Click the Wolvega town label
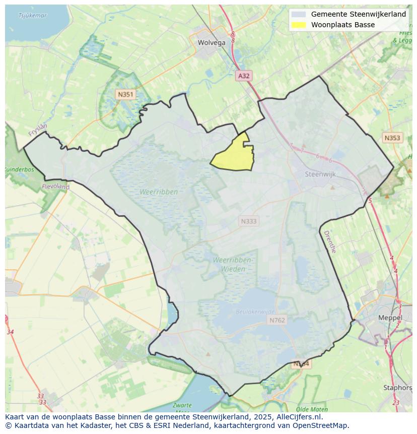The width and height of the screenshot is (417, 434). coord(212,43)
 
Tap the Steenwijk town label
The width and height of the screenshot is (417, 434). coord(320,174)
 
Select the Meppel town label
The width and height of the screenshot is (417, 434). coord(390,318)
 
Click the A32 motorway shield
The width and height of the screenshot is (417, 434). coord(244,76)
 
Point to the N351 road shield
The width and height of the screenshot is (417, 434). coord(125,94)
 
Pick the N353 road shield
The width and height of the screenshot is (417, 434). coord(392,138)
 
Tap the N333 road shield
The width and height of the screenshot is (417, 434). coord(248,221)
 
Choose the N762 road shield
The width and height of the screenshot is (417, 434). coord(277,320)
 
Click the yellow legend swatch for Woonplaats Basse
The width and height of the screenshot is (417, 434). coord(299,25)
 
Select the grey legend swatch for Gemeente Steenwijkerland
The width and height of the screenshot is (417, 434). coord(299,14)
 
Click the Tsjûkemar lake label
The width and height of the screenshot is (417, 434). coord(32,16)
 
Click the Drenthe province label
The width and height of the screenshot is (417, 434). coord(329,242)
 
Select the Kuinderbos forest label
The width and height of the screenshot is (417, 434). coord(19,169)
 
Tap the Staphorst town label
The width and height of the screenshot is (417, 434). coord(398,388)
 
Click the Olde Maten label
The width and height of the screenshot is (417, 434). coord(312,409)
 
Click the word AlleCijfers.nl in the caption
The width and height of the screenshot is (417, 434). coord(298,417)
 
